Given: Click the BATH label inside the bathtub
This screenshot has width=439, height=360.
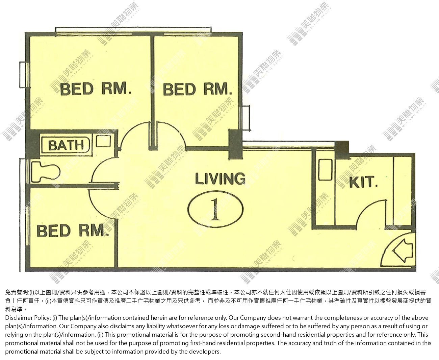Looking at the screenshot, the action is click(66, 145).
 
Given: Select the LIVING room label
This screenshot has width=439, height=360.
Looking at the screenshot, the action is click(220, 179).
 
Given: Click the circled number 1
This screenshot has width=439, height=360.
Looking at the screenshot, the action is click(215, 209).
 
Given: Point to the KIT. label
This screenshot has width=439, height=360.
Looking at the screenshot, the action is click(363, 182).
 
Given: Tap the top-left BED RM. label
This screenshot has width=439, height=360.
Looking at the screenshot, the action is click(96, 89).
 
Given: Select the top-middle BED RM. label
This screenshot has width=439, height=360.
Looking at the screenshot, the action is click(198, 89).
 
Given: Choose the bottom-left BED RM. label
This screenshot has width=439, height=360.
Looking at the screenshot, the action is click(73, 231).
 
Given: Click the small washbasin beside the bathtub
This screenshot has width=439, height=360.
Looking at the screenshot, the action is click(103, 141).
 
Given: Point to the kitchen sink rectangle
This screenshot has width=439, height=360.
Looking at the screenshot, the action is click(326, 170).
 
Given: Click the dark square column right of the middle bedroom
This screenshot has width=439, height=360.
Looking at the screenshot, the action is click(236, 144).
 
